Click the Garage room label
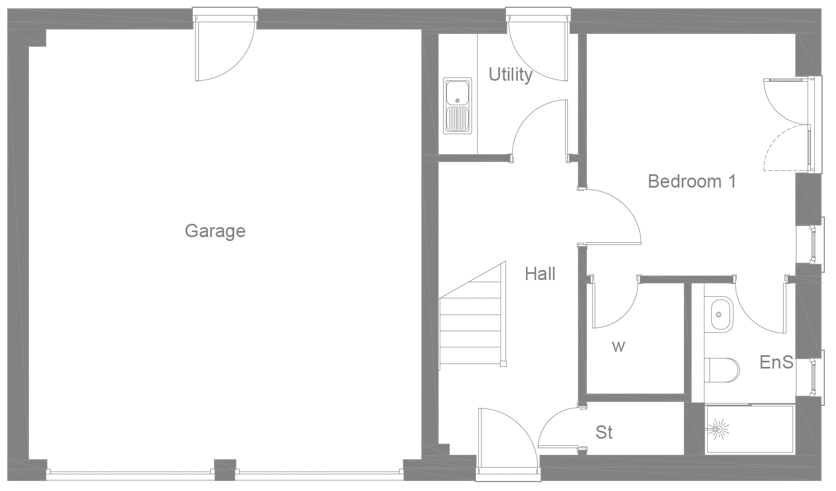[x=215, y=230]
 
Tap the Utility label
[x=510, y=74]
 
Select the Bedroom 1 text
[x=692, y=181]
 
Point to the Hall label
[x=540, y=273]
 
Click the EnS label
[x=776, y=362]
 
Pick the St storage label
[x=604, y=432]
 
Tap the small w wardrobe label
[x=618, y=347]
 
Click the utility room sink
[x=457, y=106]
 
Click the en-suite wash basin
[x=721, y=315]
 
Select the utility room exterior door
[x=535, y=50]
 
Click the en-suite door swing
[x=761, y=309]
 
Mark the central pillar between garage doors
[x=225, y=469]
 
